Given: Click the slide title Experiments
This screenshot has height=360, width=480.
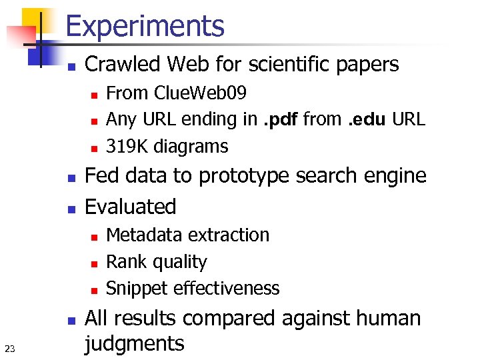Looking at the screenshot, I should [145, 26].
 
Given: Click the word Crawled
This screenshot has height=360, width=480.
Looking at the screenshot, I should [125, 65].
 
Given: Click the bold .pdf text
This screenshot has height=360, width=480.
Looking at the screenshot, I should [281, 119].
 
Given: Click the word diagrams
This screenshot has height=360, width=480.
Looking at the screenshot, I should [189, 147].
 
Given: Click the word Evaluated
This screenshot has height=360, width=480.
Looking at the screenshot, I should [131, 207].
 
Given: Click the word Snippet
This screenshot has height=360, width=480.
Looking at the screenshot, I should [137, 289].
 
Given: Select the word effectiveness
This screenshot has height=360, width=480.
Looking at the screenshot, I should [226, 289].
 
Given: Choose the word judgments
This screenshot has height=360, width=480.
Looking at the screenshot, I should [135, 344].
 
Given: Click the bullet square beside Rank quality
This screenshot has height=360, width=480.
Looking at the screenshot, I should [94, 264].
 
